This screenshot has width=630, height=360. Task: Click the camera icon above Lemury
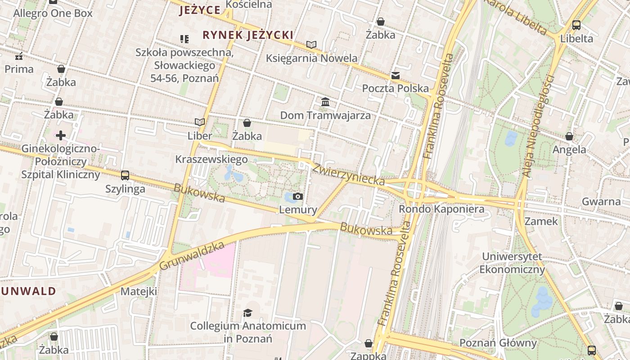297,196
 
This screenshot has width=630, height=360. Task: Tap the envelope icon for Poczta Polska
395,75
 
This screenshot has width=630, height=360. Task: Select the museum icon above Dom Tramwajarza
325,102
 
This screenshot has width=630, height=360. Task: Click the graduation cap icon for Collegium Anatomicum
247,312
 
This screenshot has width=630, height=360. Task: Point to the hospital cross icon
61,135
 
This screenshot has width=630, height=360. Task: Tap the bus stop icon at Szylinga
125,175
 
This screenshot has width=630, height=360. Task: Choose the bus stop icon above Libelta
576,25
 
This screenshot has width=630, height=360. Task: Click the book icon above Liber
200,122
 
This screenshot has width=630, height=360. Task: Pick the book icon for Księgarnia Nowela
311,45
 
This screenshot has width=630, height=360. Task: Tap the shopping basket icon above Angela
569,136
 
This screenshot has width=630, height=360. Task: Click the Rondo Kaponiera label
441,209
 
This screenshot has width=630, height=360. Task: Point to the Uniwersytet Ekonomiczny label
512,263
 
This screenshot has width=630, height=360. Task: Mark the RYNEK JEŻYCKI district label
248,35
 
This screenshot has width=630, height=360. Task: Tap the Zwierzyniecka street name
349,175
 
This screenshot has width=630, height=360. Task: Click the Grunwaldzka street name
192,256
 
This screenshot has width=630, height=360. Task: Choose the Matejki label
139,292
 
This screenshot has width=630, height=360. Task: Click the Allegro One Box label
53,13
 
